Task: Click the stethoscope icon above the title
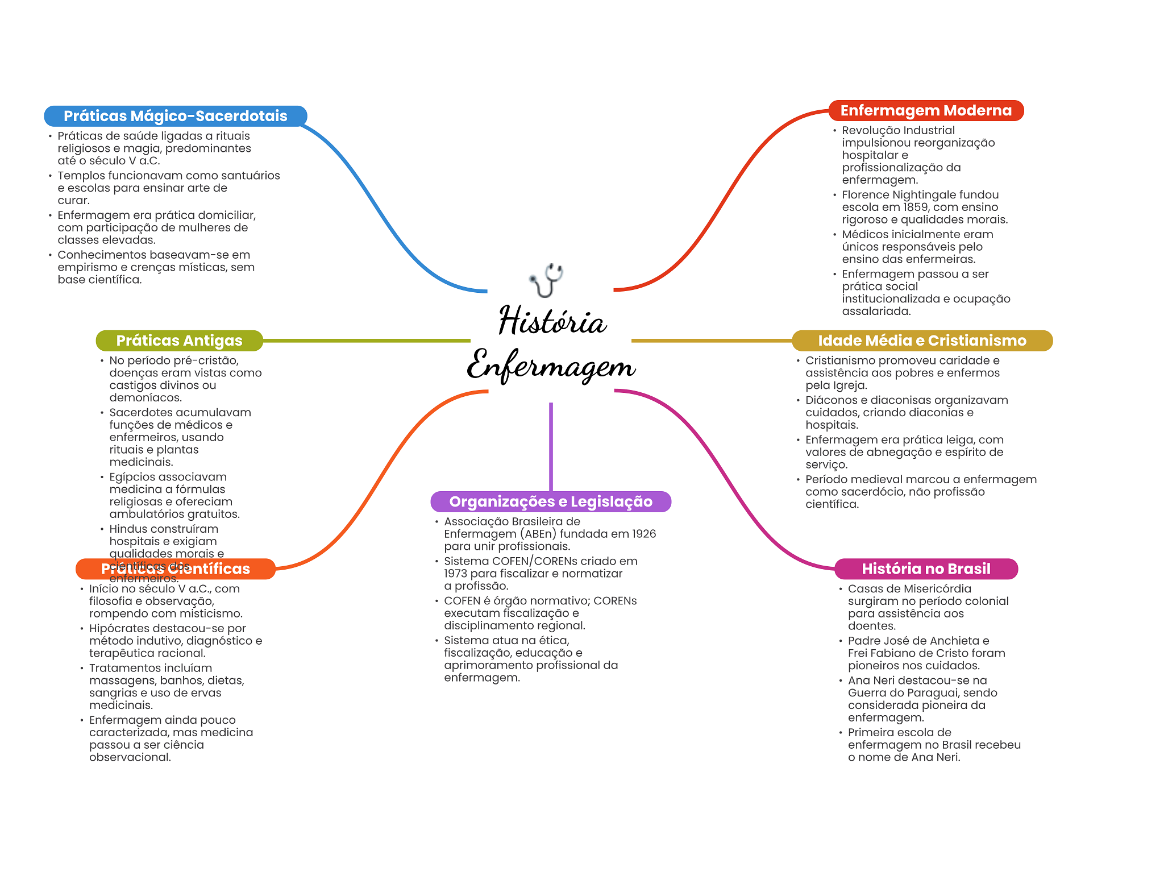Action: point(546,279)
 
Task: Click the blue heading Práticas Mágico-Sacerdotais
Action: point(175,116)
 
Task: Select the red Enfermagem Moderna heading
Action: point(925,110)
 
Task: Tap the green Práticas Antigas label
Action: point(179,341)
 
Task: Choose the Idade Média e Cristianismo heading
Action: point(921,341)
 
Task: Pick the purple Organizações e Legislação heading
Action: point(550,501)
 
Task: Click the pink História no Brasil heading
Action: point(925,569)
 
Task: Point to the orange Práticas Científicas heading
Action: point(175,569)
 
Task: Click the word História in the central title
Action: point(552,321)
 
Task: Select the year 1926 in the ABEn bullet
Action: point(644,534)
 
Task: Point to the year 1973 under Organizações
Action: point(455,574)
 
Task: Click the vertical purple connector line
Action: point(551,446)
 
